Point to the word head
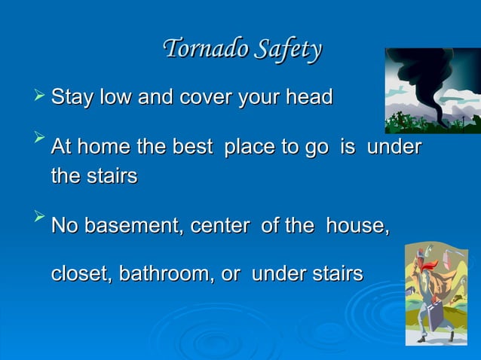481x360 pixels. [x=309, y=97]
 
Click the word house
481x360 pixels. [x=357, y=227]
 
